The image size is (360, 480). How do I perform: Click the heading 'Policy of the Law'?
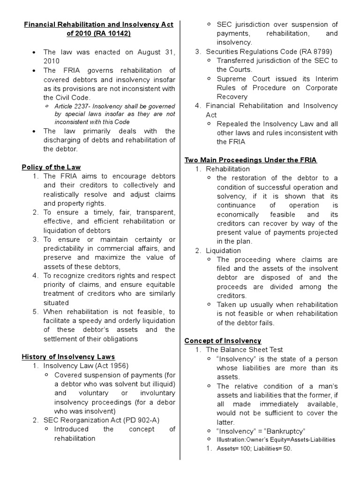(51, 167)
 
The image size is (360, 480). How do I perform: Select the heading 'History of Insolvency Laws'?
(68, 357)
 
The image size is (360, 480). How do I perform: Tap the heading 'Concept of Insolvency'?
(223, 340)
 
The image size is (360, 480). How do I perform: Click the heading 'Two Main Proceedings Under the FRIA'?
(251, 160)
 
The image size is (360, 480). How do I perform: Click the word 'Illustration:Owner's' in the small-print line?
(240, 440)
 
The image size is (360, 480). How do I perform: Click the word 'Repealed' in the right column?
(232, 124)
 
